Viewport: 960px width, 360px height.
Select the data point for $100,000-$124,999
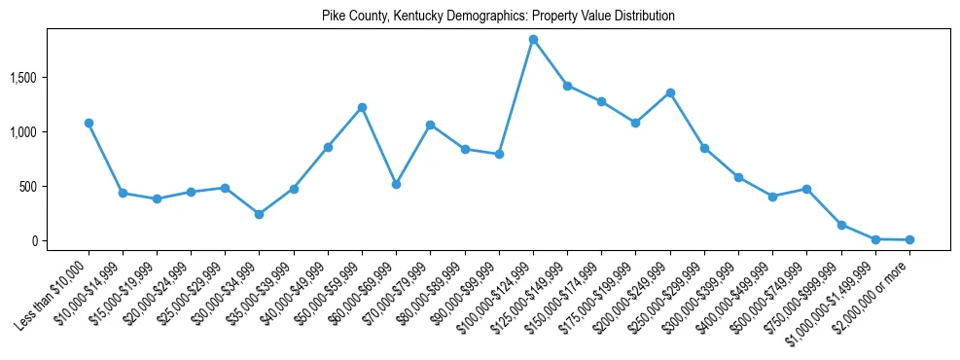click(x=533, y=40)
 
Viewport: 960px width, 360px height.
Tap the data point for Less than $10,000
click(x=89, y=124)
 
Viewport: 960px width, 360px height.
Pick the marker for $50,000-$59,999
click(x=362, y=107)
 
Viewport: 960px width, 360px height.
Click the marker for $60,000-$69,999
click(x=396, y=184)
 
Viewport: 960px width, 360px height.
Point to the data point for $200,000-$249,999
click(x=670, y=93)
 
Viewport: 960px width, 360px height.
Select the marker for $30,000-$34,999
click(x=259, y=214)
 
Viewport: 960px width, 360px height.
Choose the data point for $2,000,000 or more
click(x=909, y=239)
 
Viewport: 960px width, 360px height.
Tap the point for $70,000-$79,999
click(x=430, y=125)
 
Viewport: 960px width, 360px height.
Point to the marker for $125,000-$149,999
click(x=567, y=86)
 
